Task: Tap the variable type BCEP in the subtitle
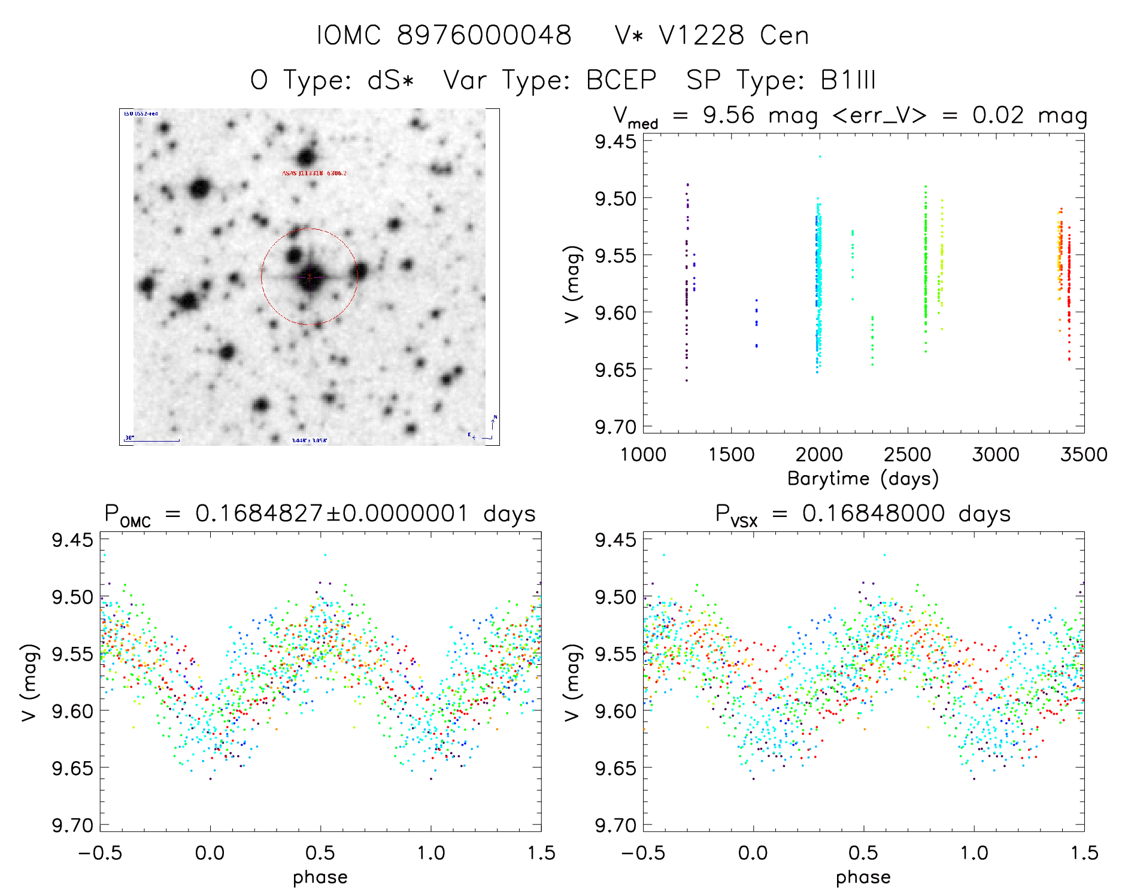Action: click(621, 80)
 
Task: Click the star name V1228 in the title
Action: click(701, 35)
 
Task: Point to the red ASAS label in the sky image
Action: click(314, 174)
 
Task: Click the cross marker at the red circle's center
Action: click(310, 276)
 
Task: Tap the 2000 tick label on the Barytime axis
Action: click(818, 455)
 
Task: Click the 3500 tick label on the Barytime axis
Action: click(1084, 455)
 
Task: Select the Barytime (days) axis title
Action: click(863, 479)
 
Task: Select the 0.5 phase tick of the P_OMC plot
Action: click(320, 853)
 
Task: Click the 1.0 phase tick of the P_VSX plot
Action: click(974, 853)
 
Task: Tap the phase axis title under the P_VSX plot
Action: click(863, 877)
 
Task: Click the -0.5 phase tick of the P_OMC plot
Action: click(100, 853)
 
